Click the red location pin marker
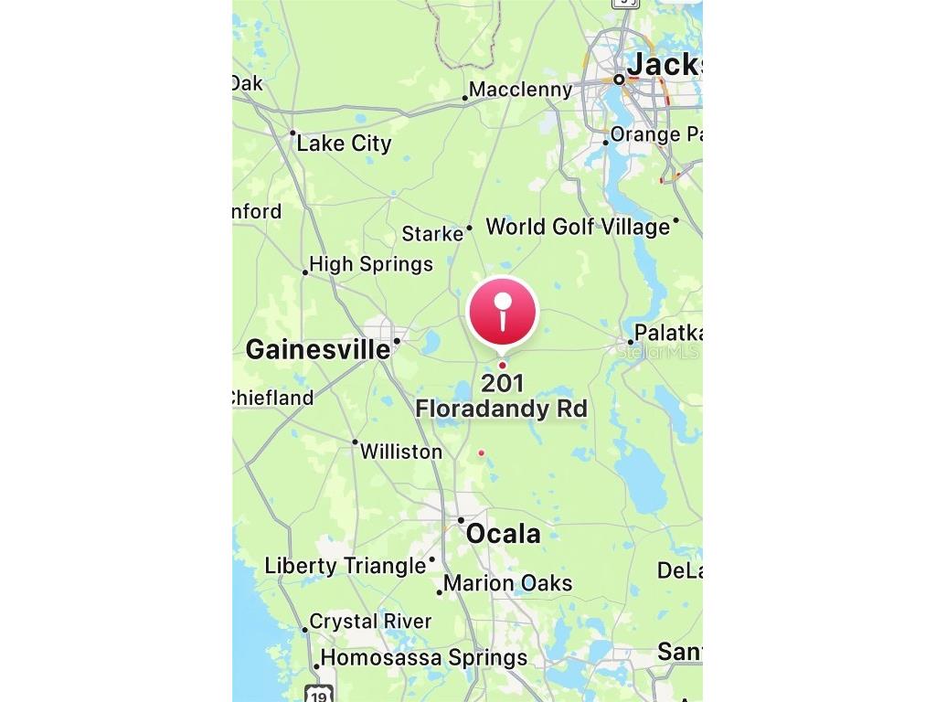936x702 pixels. pyautogui.click(x=502, y=312)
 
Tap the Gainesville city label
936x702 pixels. pyautogui.click(x=317, y=349)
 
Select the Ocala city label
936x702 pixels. pyautogui.click(x=503, y=534)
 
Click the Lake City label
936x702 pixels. pyautogui.click(x=344, y=144)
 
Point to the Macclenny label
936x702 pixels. pyautogui.click(x=520, y=90)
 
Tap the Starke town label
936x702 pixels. pyautogui.click(x=432, y=234)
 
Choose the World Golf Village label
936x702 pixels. pyautogui.click(x=578, y=227)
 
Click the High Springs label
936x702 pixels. pyautogui.click(x=370, y=264)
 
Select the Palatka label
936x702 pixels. pyautogui.click(x=667, y=333)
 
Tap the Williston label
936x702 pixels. pyautogui.click(x=400, y=452)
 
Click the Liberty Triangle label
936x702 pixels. pyautogui.click(x=345, y=566)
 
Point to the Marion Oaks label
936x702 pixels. pyautogui.click(x=507, y=583)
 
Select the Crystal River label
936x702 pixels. pyautogui.click(x=370, y=622)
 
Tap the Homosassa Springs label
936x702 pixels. pyautogui.click(x=423, y=658)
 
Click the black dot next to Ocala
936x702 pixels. pyautogui.click(x=461, y=520)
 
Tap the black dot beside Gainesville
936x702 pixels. pyautogui.click(x=398, y=341)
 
